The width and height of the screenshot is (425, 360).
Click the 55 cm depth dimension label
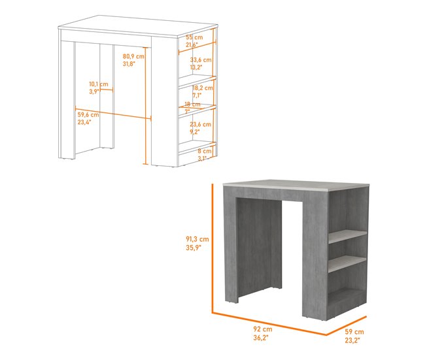pos(194,38)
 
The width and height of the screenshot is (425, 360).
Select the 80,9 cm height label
pos(133,56)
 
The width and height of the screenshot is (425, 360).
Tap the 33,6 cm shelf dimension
pos(201,59)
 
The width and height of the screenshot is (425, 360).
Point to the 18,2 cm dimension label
pos(202,87)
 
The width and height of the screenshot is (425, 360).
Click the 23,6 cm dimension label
pos(199,123)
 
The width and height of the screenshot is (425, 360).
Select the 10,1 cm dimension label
pos(99,84)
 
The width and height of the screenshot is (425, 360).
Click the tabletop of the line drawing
pos(137,32)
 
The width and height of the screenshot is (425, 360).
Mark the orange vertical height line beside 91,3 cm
pos(213,248)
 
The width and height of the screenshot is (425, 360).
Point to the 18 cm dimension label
pos(192,104)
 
